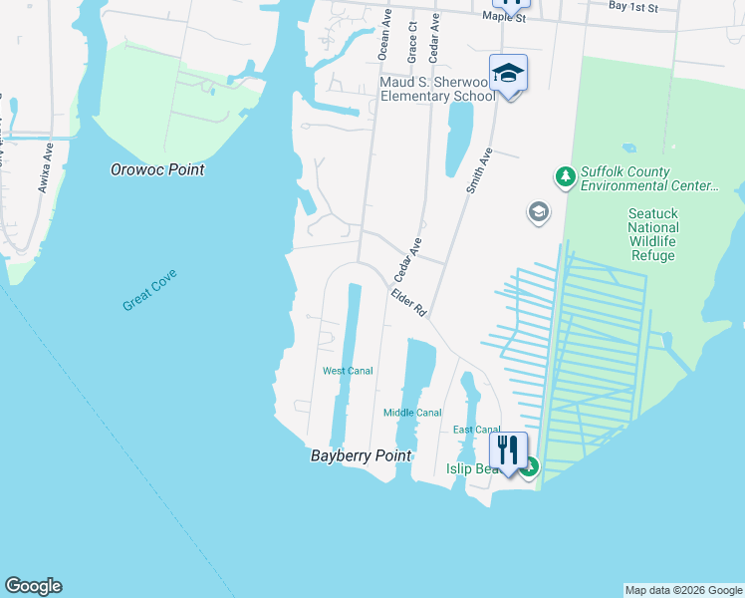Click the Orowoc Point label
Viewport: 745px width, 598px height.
point(157,170)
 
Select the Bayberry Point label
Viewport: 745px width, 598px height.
point(360,455)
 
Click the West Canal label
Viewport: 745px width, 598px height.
point(348,371)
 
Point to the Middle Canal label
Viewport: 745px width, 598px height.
point(412,413)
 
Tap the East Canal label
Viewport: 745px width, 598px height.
point(476,430)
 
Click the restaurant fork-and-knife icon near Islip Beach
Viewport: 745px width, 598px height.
point(509,449)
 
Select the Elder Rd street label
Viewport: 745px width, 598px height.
point(409,302)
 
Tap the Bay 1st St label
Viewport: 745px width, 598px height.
point(633,7)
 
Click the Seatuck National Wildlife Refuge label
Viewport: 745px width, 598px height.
point(652,234)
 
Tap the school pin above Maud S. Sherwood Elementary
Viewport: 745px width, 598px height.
point(508,74)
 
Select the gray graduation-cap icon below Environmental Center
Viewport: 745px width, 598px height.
point(538,212)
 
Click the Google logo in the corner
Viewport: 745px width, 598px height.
point(33,586)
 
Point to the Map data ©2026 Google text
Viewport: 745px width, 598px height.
point(683,590)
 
